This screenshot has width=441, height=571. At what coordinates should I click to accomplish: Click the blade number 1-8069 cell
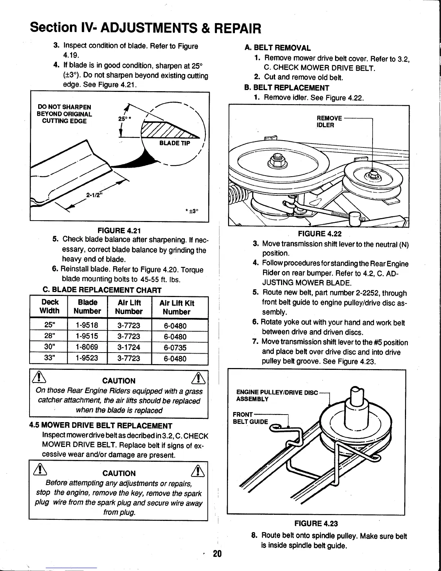(87, 348)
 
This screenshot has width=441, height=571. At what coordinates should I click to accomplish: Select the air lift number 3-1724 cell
(129, 348)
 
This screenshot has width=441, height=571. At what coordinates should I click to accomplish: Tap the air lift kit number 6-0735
(175, 348)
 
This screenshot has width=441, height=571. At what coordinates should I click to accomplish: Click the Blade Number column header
(87, 307)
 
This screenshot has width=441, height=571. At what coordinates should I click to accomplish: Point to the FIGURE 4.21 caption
(119, 230)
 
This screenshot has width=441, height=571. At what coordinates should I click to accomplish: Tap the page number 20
(217, 554)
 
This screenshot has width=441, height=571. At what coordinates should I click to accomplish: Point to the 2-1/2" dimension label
(93, 196)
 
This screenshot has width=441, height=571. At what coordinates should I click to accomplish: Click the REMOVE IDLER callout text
(329, 122)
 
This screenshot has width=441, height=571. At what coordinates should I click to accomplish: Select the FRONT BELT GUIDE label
(250, 418)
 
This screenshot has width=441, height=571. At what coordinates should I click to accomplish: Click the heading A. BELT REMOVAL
(277, 48)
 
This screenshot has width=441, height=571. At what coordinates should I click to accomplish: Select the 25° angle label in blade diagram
(122, 119)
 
